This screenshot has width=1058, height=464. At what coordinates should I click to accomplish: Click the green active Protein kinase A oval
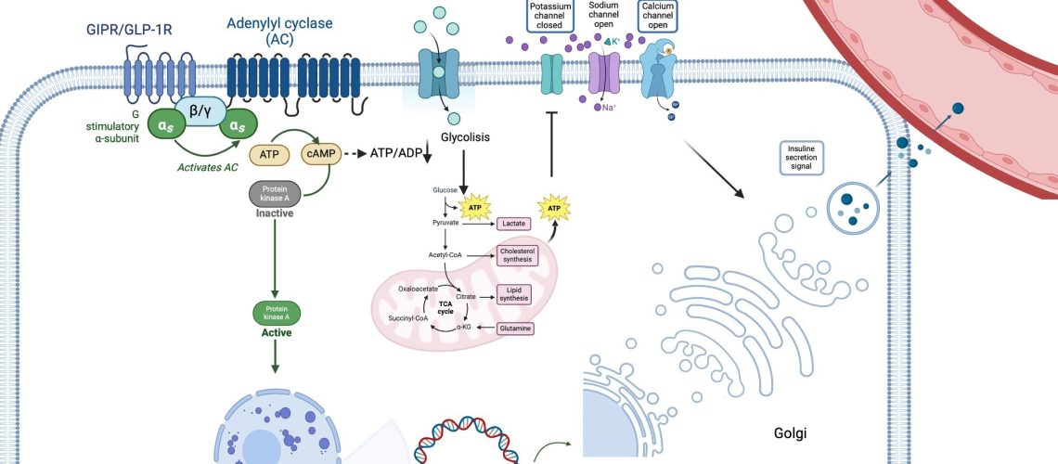275,314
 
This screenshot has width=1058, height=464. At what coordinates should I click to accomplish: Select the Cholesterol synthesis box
518,255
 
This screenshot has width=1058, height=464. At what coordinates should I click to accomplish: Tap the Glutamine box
514,329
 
